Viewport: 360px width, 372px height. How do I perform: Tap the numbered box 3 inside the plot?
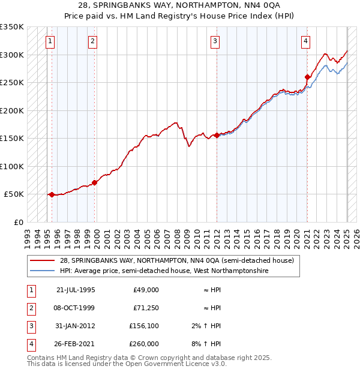[x=215, y=41]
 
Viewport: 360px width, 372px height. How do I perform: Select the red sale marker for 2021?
[x=307, y=77]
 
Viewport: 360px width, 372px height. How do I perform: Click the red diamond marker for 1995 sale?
[x=52, y=194]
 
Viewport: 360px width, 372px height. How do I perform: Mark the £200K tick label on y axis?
[x=12, y=110]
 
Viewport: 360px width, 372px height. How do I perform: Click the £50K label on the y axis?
[x=14, y=194]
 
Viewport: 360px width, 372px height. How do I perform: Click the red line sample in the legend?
[x=42, y=260]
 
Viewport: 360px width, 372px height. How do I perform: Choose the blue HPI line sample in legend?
[x=42, y=271]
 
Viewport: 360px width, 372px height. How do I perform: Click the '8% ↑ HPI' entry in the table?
[x=209, y=344]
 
